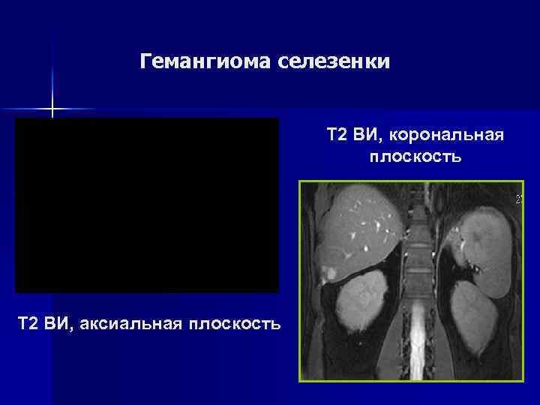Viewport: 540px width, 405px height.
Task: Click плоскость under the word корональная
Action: [x=415, y=157]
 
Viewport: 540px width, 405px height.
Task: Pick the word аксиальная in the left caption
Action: [x=124, y=323]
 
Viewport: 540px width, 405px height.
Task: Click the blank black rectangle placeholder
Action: [x=147, y=205]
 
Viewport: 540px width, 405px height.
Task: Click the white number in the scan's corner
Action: [x=517, y=199]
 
